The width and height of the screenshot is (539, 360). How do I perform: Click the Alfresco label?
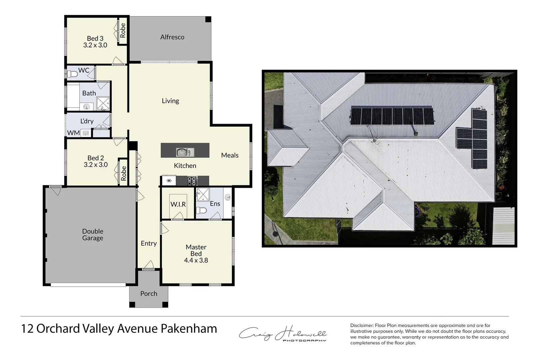click(x=172, y=37)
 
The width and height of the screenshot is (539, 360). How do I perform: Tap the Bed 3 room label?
click(x=95, y=39)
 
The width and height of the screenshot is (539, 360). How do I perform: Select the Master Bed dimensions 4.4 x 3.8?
click(x=196, y=260)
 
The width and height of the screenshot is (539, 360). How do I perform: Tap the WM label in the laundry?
click(x=73, y=133)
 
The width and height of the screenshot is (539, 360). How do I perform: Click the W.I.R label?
click(x=178, y=204)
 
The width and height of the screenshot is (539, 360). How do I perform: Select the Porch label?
click(x=149, y=294)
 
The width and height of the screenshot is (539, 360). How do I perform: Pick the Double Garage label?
click(x=93, y=235)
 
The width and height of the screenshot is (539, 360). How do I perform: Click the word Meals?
click(x=230, y=155)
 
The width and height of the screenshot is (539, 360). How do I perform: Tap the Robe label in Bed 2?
click(x=124, y=173)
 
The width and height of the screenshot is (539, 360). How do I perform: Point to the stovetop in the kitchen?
click(x=192, y=181)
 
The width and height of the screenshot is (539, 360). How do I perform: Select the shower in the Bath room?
click(x=103, y=103)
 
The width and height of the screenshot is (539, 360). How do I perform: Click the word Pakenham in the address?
click(x=189, y=329)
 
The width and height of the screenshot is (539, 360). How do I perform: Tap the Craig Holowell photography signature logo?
click(x=283, y=333)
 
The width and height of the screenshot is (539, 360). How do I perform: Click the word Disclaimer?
click(x=362, y=325)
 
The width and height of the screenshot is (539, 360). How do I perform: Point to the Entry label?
click(x=149, y=243)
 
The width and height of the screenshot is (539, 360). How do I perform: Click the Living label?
click(x=170, y=101)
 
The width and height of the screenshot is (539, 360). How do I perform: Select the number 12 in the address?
click(x=27, y=329)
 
